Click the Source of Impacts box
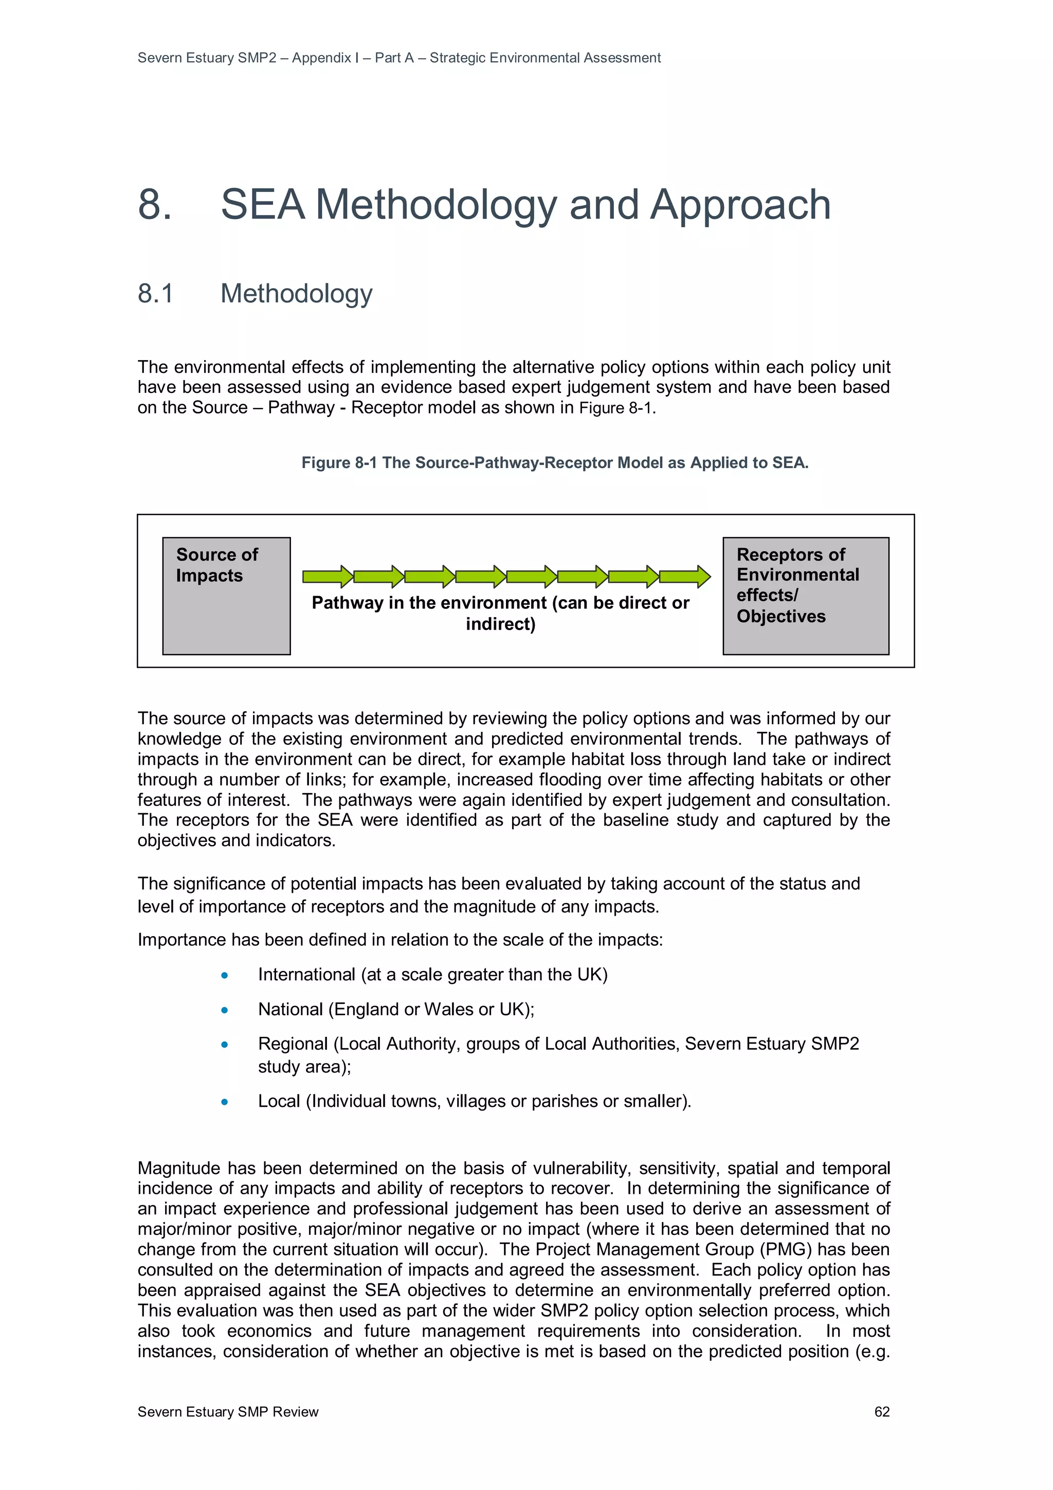tap(226, 596)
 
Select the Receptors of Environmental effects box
tap(805, 596)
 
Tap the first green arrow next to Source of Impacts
tap(327, 576)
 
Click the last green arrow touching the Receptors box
tap(684, 576)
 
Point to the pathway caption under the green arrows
tap(500, 613)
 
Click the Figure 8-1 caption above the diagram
tap(555, 463)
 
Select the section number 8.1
tap(156, 293)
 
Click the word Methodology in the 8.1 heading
tap(297, 293)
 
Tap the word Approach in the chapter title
tap(740, 204)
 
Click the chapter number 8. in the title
tap(155, 204)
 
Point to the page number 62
tap(882, 1411)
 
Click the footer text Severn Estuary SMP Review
tap(228, 1411)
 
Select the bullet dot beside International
tap(225, 975)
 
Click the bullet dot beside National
tap(225, 1010)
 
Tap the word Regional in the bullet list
tap(293, 1044)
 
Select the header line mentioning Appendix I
tap(399, 58)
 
